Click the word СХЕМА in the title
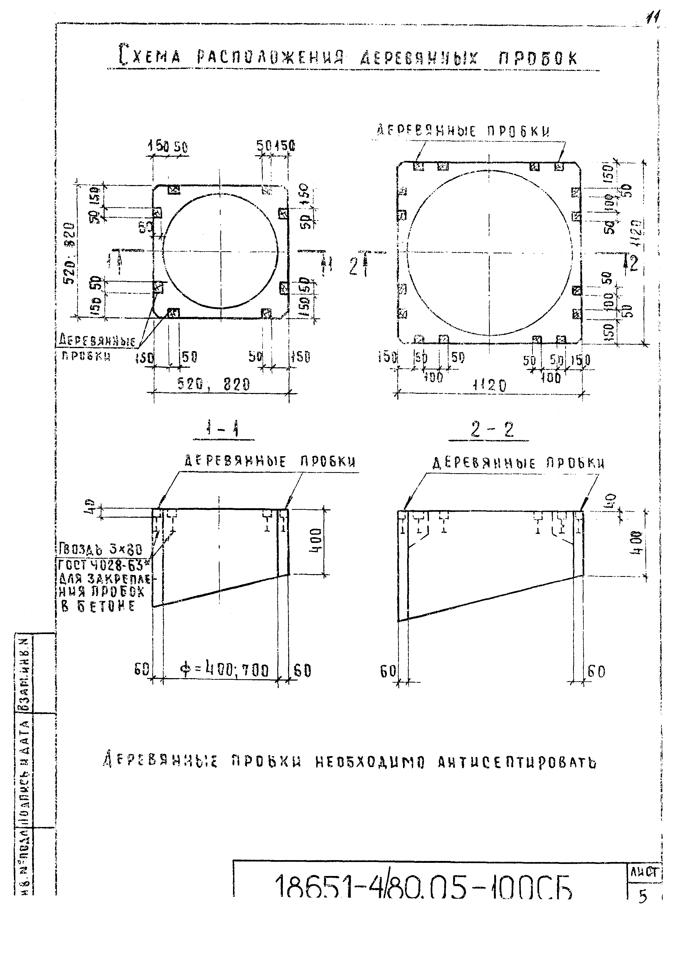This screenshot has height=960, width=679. point(150,56)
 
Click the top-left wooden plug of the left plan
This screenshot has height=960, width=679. point(174,190)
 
